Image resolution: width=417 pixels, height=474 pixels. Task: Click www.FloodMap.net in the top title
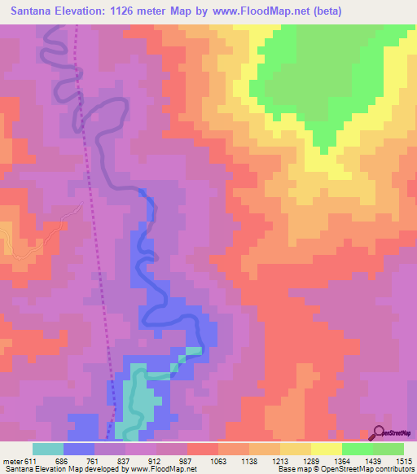[261, 11]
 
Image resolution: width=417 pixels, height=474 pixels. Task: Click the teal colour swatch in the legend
[48, 449]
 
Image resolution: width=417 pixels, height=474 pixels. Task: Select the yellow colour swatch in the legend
[327, 449]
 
